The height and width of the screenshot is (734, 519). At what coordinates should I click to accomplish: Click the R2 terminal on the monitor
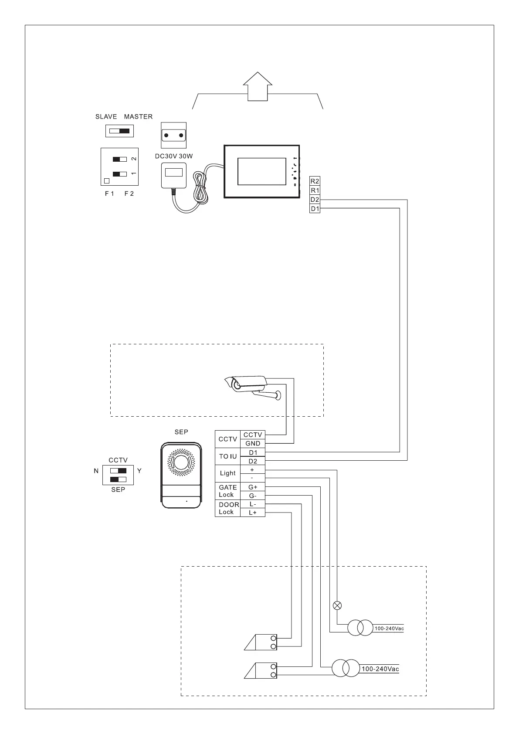[x=315, y=181]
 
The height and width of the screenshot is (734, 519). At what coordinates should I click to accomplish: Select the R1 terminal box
[x=315, y=190]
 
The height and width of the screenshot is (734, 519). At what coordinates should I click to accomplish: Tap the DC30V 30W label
[x=174, y=156]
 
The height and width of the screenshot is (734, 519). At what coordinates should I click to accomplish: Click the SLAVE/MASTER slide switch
[x=119, y=131]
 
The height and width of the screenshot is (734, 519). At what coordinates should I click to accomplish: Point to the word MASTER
[x=138, y=117]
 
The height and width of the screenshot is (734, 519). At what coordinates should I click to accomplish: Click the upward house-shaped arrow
[x=257, y=86]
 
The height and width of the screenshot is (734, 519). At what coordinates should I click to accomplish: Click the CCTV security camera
[x=248, y=386]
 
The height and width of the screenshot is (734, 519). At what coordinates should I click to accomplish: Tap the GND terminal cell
[x=253, y=443]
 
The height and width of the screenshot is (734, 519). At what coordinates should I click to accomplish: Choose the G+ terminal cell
[x=253, y=487]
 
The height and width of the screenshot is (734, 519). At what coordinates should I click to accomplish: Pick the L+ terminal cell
[x=253, y=513]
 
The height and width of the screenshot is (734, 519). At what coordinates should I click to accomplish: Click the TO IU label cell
[x=227, y=456]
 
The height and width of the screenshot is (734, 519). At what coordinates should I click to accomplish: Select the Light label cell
[x=227, y=473]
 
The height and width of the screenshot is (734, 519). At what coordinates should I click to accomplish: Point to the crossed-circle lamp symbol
[x=337, y=605]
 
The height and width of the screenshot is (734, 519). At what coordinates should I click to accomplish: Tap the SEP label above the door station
[x=181, y=432]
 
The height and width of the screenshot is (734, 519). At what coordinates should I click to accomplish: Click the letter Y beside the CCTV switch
[x=139, y=471]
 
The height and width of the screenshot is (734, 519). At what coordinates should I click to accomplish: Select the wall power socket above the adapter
[x=174, y=136]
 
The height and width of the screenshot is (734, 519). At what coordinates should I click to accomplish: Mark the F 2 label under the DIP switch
[x=129, y=194]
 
